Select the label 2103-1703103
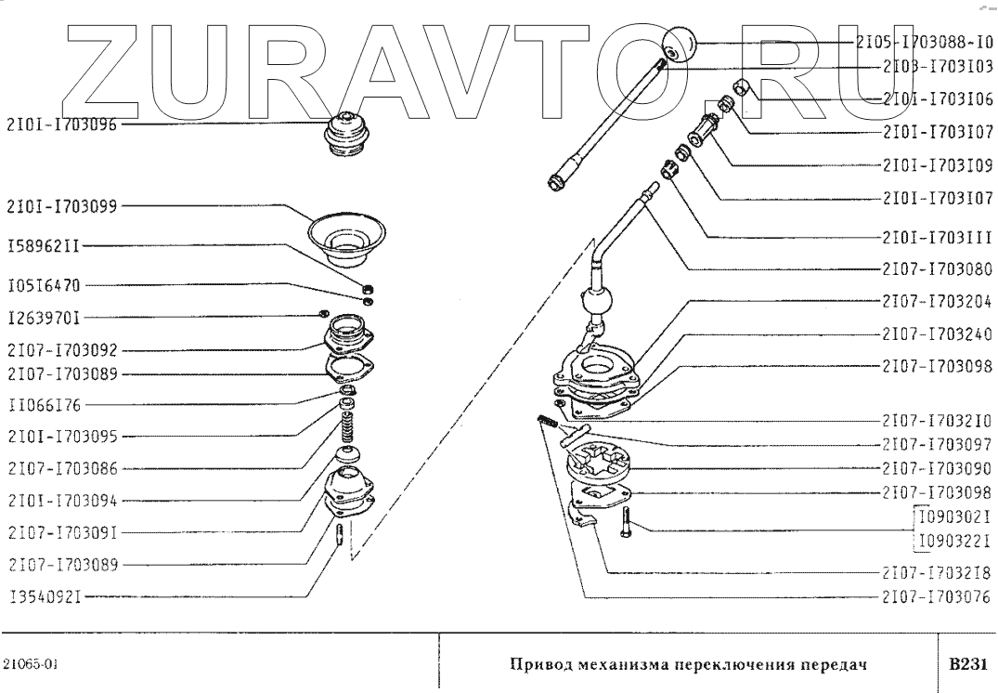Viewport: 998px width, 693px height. point(938,67)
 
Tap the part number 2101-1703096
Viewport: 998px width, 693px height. point(61,124)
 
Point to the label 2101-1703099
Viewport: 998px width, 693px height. point(61,206)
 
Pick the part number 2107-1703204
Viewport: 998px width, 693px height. point(938,302)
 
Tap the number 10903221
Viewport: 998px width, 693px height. point(954,538)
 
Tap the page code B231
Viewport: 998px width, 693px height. point(966,664)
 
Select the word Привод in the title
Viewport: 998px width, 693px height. point(538,665)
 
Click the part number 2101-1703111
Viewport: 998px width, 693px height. point(938,237)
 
